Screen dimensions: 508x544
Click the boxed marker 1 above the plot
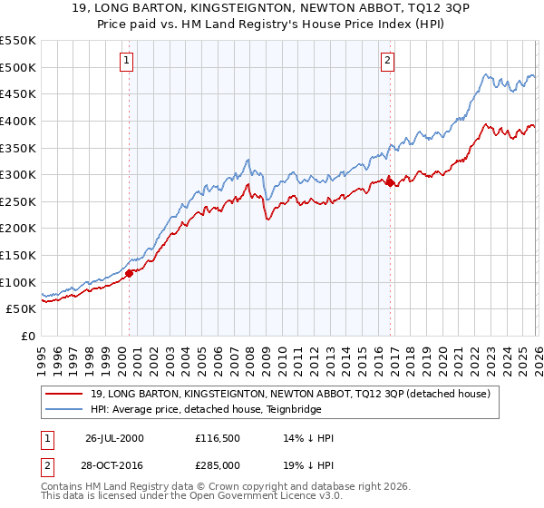[x=125, y=61]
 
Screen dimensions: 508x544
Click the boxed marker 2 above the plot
[x=387, y=61]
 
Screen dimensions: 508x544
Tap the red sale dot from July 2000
[x=130, y=272]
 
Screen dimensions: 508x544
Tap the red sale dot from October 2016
[x=390, y=182]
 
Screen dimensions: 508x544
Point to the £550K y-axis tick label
[x=18, y=41]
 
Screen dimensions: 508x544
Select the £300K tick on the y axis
[x=18, y=174]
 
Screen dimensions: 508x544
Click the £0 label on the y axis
[x=27, y=336]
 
